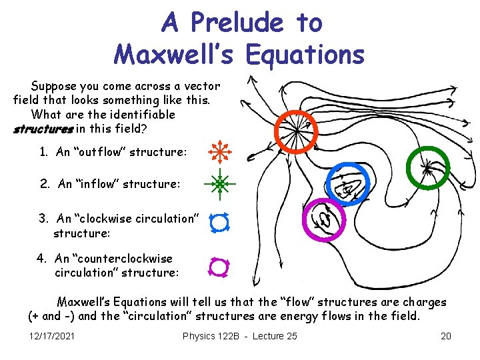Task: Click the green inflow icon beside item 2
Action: coord(220,182)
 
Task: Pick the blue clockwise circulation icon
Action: coord(220,223)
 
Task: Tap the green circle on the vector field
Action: coord(427,169)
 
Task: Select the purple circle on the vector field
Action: coord(325,220)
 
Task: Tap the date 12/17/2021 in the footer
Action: coord(52,335)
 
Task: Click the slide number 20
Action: coord(446,335)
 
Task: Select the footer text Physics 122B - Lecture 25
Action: coord(239,335)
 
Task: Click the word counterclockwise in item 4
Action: coord(123,258)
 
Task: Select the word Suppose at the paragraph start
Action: coord(53,85)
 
